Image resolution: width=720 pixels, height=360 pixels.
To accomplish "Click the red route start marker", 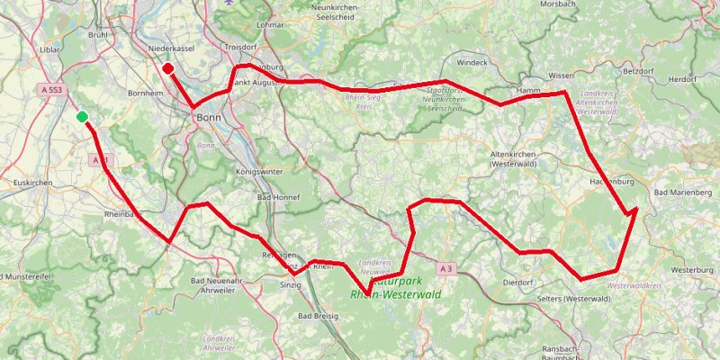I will [168, 67].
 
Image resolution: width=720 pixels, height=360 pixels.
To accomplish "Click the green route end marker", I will [82, 116].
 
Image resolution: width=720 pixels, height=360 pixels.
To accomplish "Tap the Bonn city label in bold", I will [208, 117].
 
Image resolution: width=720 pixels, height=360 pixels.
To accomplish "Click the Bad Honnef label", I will [278, 196].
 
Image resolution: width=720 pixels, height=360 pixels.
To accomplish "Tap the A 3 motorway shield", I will [447, 268].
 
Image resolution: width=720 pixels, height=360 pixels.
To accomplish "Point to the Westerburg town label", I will [692, 269].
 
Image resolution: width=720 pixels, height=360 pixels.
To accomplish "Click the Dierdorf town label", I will [519, 281].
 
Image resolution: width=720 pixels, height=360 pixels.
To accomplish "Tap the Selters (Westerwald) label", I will [571, 298].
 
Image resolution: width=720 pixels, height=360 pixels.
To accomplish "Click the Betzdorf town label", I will [638, 69].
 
